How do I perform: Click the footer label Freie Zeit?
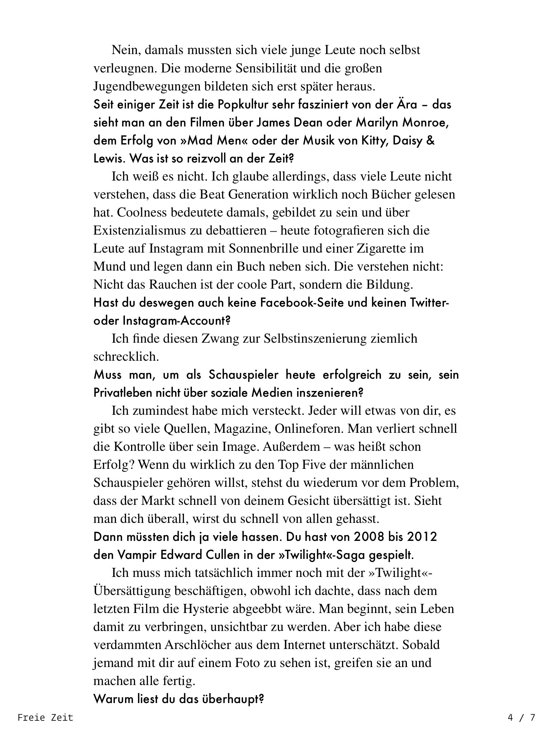(45, 717)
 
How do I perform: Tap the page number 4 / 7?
(521, 717)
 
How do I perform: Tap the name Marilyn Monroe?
(402, 123)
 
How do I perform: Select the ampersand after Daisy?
(430, 141)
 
